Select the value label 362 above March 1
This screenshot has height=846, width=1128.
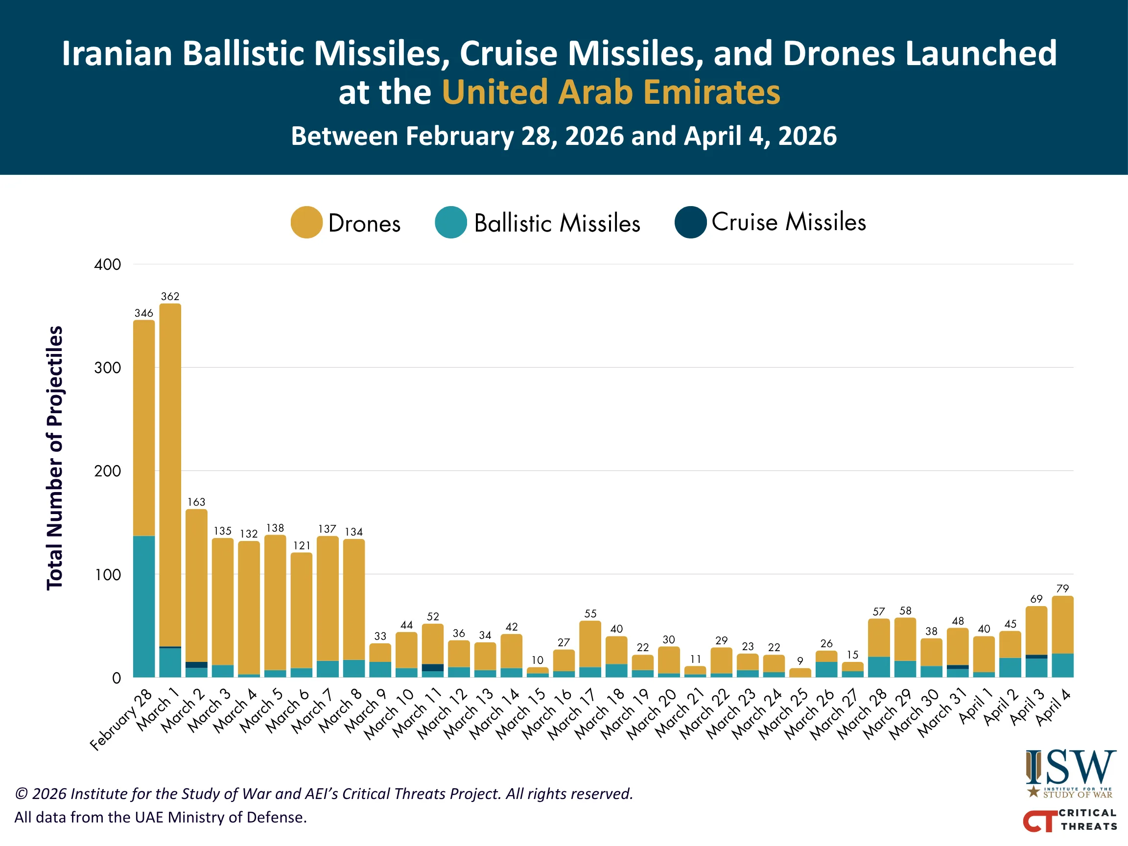[170, 296]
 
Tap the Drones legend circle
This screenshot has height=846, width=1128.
[306, 222]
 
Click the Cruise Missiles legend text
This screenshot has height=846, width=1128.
[788, 222]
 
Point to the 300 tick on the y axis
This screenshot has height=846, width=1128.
[107, 368]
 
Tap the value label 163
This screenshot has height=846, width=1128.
[196, 502]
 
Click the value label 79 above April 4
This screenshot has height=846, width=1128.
[1062, 588]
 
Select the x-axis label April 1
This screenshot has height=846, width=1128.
[976, 707]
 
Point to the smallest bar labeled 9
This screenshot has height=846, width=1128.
[799, 673]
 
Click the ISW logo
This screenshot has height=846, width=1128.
[1070, 773]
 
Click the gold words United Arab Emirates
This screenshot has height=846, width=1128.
[611, 93]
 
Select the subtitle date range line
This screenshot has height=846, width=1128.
[564, 136]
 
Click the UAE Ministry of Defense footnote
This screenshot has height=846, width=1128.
[161, 817]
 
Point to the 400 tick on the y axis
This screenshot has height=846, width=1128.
[107, 265]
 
